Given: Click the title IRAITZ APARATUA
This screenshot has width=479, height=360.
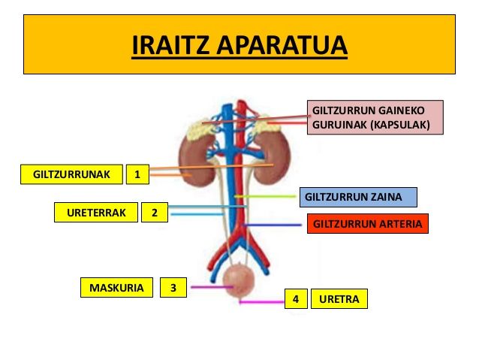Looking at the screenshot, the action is [239, 45].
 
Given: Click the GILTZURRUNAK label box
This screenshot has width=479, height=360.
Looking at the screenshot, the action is [71, 175].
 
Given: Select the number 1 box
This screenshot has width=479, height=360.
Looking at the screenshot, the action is [137, 175].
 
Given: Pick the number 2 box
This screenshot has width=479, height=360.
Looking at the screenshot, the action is [154, 213].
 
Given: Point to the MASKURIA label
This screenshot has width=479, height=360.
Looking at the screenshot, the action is [116, 287].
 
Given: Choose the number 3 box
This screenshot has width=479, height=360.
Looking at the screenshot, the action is [173, 287].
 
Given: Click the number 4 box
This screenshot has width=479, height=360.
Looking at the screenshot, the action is [296, 299].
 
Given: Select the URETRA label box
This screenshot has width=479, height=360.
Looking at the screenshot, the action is [339, 299].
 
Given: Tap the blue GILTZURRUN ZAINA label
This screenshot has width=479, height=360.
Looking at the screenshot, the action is [357, 198].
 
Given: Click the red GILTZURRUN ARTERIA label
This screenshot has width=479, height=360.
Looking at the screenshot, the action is [367, 223].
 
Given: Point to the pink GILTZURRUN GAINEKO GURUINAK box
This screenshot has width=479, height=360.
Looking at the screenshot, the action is [375, 117].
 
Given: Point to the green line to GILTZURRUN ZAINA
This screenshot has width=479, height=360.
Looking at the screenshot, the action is [267, 197].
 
